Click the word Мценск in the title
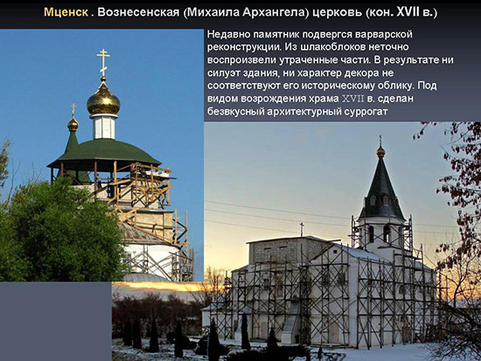pyautogui.click(x=66, y=12)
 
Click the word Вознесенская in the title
pyautogui.click(x=138, y=12)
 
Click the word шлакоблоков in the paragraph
pyautogui.click(x=332, y=47)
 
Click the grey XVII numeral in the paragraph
pyautogui.click(x=352, y=99)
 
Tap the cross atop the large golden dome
pyautogui.click(x=103, y=63)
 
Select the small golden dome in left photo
pyautogui.click(x=73, y=124)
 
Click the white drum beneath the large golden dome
pyautogui.click(x=104, y=127)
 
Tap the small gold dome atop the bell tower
pyautogui.click(x=380, y=151)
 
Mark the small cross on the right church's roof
pyautogui.click(x=302, y=229)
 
